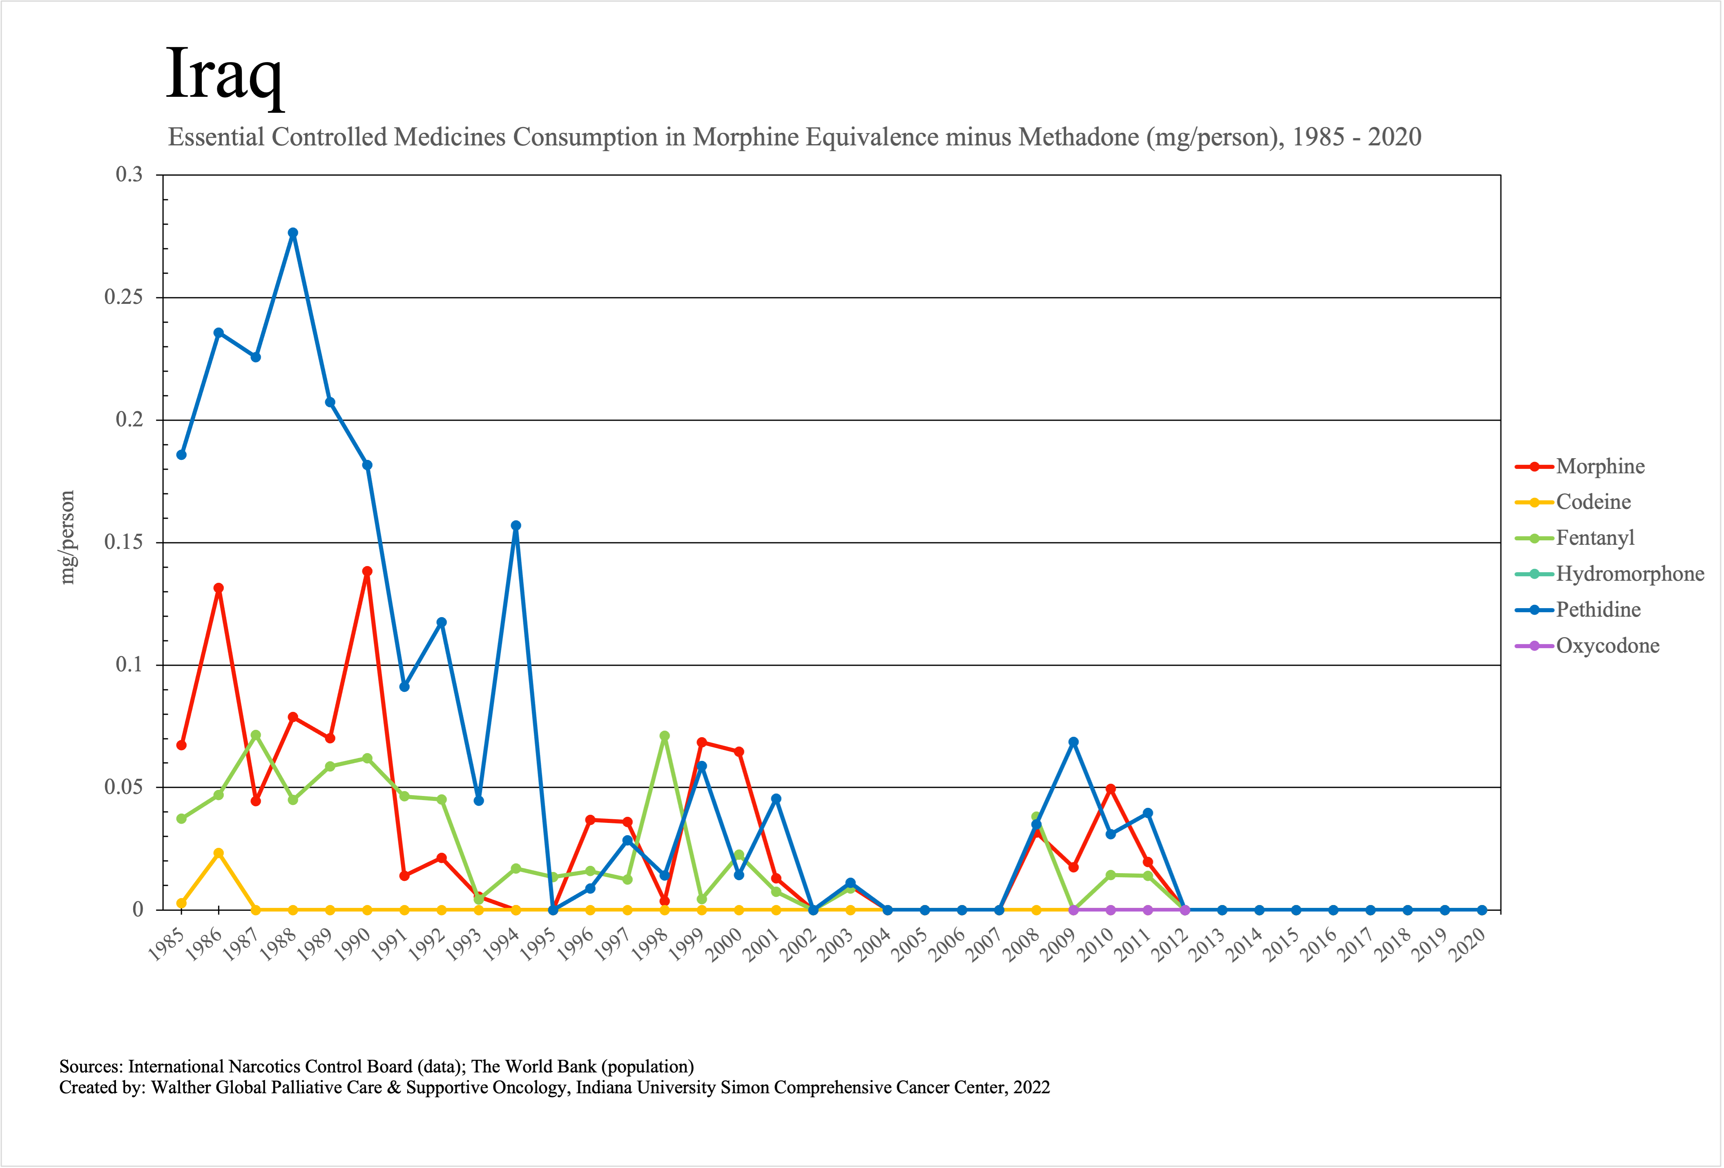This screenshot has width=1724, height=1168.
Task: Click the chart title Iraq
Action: pyautogui.click(x=224, y=74)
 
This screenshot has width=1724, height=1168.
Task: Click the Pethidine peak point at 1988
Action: pyautogui.click(x=293, y=233)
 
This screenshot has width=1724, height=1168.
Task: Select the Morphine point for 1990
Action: pyautogui.click(x=367, y=571)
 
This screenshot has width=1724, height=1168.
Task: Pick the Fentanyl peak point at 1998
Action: pyautogui.click(x=665, y=736)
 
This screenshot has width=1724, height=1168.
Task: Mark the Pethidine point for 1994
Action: pyautogui.click(x=516, y=525)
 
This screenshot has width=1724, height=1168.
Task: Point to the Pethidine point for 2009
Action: pyautogui.click(x=1073, y=742)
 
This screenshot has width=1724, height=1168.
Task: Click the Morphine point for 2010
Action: pyautogui.click(x=1111, y=789)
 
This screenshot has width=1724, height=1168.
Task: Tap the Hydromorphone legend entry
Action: pyautogui.click(x=1629, y=574)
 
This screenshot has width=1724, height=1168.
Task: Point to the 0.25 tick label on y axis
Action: pyautogui.click(x=123, y=297)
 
